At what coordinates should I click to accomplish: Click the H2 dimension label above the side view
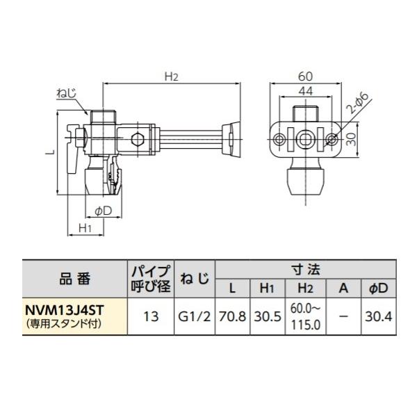tap(171, 78)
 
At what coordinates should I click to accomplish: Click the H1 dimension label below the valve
tap(85, 227)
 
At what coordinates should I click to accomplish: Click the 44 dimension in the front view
tap(306, 89)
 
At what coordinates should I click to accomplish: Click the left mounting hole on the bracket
tap(279, 140)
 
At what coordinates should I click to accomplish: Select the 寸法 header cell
tap(305, 268)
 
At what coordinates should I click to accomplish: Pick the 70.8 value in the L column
tap(232, 316)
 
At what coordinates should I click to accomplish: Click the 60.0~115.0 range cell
tap(304, 316)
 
